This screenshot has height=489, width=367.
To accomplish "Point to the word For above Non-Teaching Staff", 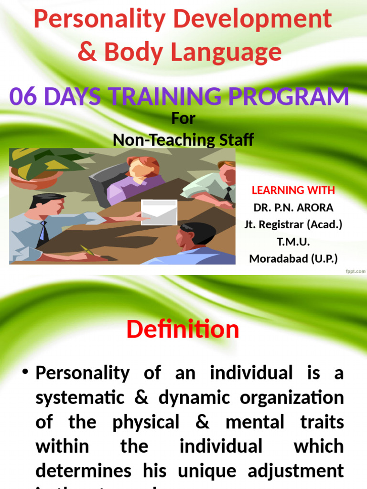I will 183,118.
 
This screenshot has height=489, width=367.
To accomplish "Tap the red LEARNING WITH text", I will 293,190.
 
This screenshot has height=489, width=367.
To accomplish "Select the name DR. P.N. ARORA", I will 293,207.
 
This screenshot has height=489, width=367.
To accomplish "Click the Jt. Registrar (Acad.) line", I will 293,224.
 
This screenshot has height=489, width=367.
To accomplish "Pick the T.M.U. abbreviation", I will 293,242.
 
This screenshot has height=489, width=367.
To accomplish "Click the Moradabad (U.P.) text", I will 293,259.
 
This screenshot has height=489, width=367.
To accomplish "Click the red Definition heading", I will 183,330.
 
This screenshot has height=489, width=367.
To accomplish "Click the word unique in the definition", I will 211,470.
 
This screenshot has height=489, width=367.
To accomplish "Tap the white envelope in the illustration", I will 159,212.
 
